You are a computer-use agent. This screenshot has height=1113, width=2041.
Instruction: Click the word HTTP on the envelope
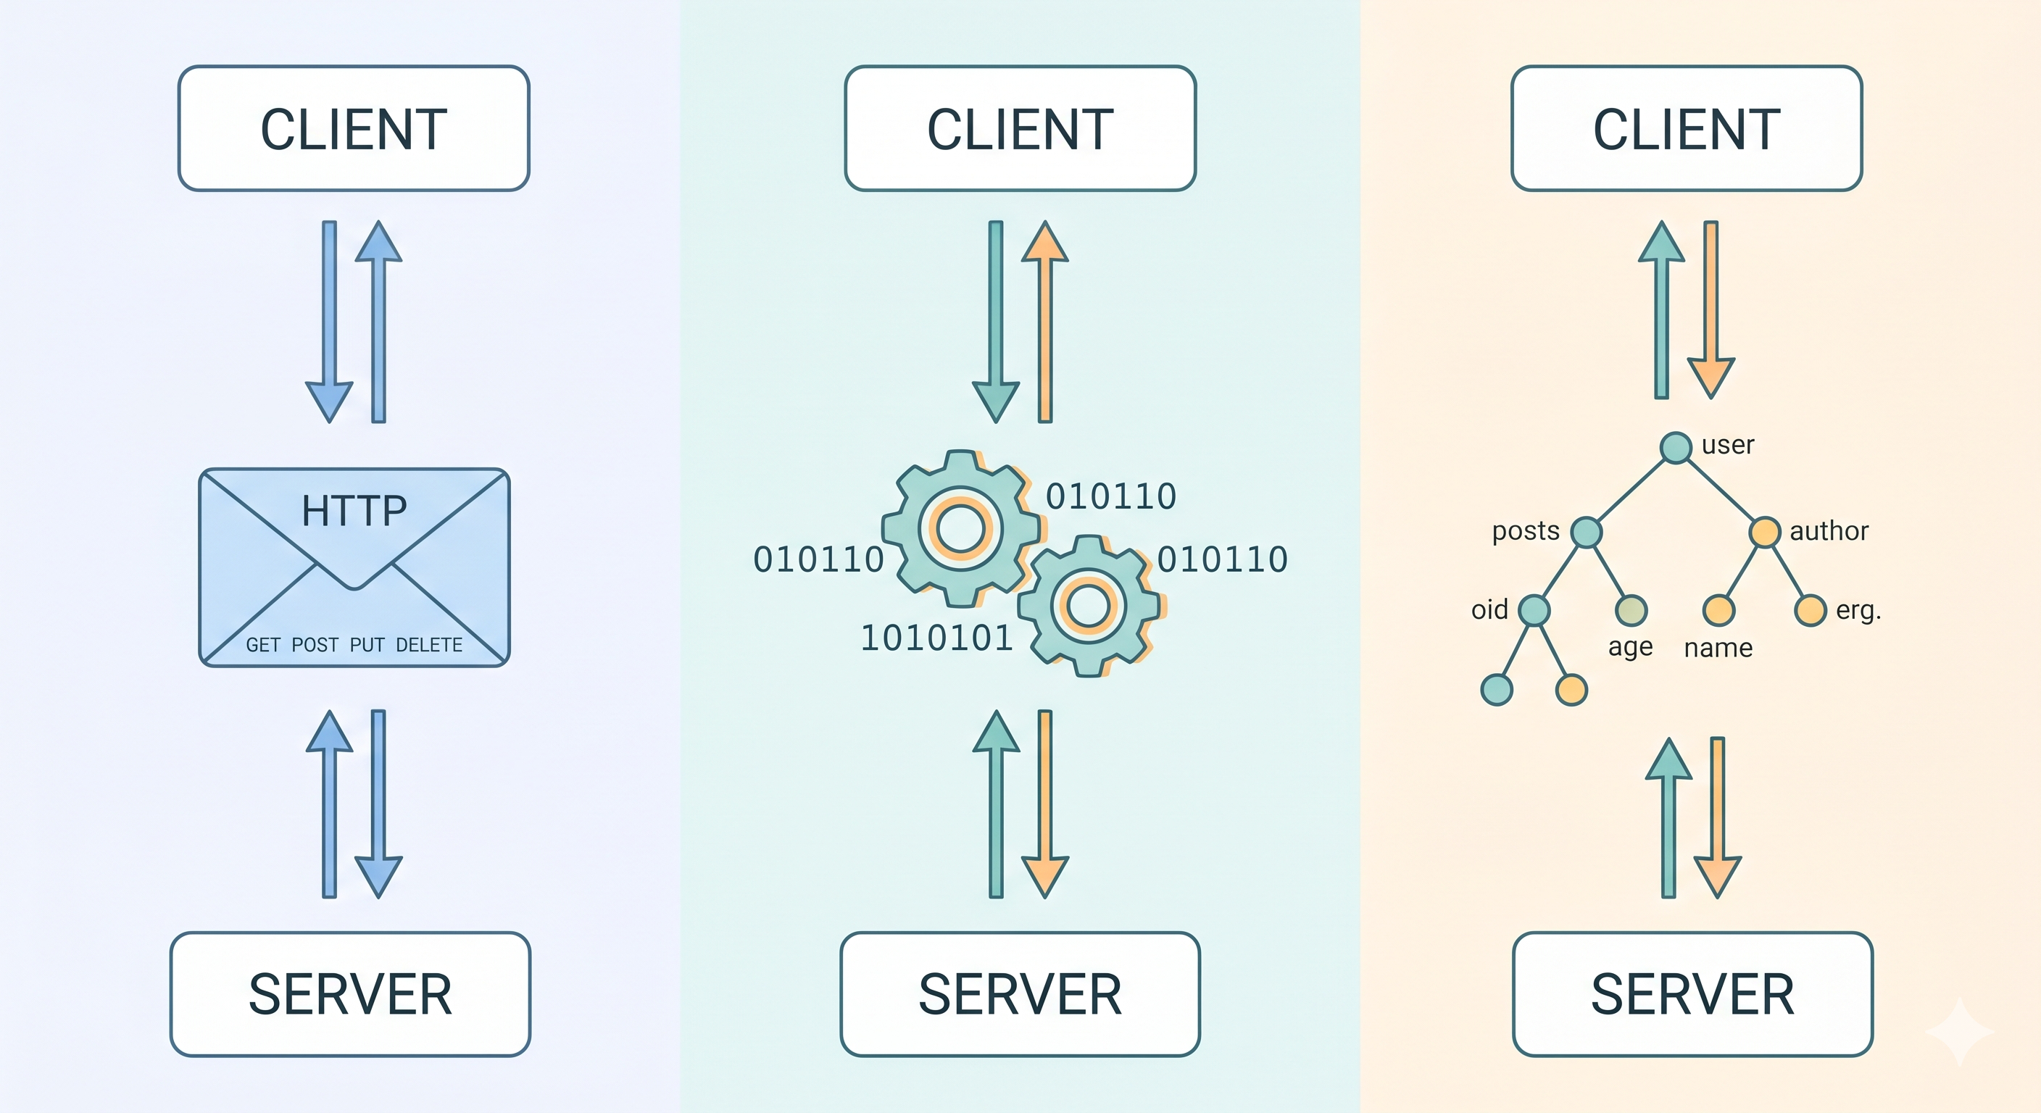click(x=354, y=511)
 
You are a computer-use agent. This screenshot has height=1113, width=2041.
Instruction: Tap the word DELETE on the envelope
click(x=428, y=645)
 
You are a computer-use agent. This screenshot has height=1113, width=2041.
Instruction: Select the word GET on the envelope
click(x=263, y=645)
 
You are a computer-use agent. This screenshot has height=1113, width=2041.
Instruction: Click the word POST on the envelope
click(x=315, y=645)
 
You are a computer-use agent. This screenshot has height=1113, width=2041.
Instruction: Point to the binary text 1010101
click(x=936, y=638)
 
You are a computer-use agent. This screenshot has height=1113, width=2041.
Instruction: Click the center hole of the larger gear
click(x=960, y=528)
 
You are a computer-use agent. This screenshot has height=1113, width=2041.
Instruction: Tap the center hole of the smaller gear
click(x=1089, y=606)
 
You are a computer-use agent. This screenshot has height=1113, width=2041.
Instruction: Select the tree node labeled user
click(x=1676, y=448)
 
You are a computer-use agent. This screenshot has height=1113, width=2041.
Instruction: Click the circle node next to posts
click(x=1587, y=533)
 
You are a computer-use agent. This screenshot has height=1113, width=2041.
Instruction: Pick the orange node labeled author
click(x=1764, y=533)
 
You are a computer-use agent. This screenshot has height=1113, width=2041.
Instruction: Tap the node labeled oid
click(x=1534, y=610)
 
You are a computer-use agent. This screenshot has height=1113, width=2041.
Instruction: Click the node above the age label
click(x=1631, y=610)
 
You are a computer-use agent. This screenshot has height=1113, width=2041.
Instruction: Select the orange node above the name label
click(x=1718, y=610)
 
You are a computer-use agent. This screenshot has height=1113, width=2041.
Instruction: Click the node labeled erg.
click(x=1811, y=610)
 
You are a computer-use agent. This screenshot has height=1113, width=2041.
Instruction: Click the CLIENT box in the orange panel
click(x=1686, y=128)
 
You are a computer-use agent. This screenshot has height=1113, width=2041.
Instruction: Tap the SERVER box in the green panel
click(x=1020, y=994)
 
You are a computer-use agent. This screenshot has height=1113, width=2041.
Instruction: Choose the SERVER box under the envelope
click(x=350, y=994)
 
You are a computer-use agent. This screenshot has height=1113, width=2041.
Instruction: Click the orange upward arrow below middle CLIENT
click(x=1045, y=321)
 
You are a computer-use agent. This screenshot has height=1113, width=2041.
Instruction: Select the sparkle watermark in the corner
click(x=1958, y=1030)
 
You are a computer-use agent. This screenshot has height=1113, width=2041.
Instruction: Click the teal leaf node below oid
click(x=1497, y=689)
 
